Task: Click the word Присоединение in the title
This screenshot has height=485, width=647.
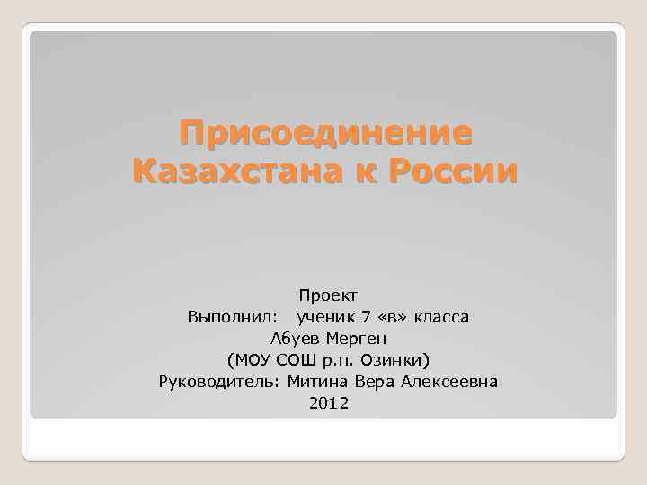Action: [x=324, y=134]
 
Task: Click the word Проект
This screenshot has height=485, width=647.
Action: [x=328, y=295]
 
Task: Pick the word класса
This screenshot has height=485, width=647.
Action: [x=440, y=317]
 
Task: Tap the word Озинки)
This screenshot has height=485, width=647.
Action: [x=396, y=361]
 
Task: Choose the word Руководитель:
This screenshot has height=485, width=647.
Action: [x=219, y=383]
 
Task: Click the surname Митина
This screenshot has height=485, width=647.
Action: [x=315, y=383]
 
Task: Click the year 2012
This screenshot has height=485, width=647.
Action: [x=328, y=404]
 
